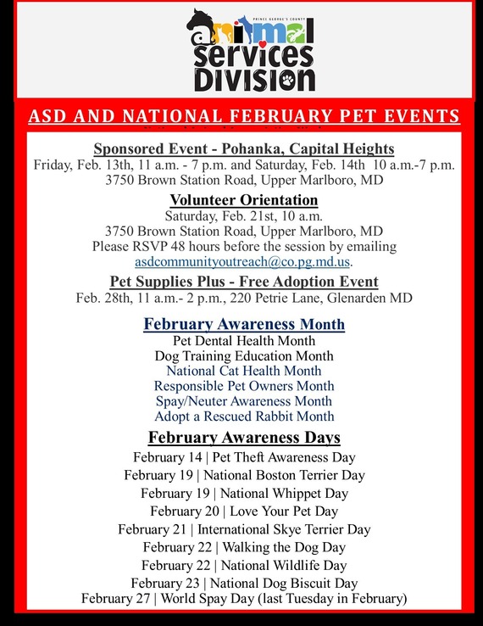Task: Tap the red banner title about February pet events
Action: tap(244, 116)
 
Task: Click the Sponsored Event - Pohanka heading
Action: tap(244, 148)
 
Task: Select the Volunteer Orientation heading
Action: tap(244, 200)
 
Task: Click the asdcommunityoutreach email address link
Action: tap(243, 261)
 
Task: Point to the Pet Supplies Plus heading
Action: tap(244, 282)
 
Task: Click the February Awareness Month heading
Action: tap(244, 324)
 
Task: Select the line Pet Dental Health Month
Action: tap(244, 340)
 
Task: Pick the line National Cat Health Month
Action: tap(244, 371)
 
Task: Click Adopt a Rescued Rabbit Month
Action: tap(244, 416)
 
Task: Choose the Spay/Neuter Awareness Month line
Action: tap(244, 401)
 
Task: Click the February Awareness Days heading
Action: tap(244, 438)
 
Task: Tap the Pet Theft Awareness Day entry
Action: tap(244, 457)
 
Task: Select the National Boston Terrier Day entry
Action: tap(244, 475)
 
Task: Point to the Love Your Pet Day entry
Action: tap(244, 511)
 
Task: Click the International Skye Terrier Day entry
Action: tap(244, 529)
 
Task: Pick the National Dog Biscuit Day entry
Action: tap(244, 583)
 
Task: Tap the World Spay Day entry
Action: tap(244, 598)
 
